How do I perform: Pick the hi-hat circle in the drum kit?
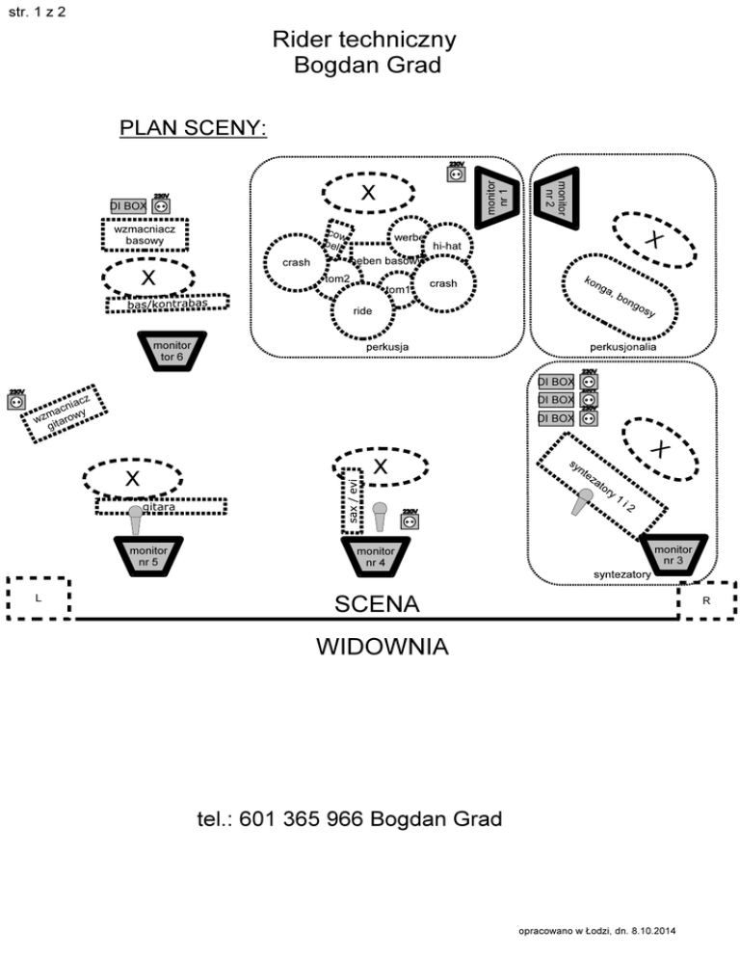tap(447, 247)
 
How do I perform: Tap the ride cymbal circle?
tap(362, 310)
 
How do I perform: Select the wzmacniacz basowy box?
tap(145, 234)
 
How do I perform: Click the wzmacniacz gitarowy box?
tap(64, 412)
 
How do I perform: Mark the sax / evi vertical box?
tap(354, 499)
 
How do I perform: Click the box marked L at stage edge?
tap(38, 599)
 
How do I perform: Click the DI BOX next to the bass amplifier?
tap(128, 205)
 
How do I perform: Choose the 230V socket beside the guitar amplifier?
tap(16, 400)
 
